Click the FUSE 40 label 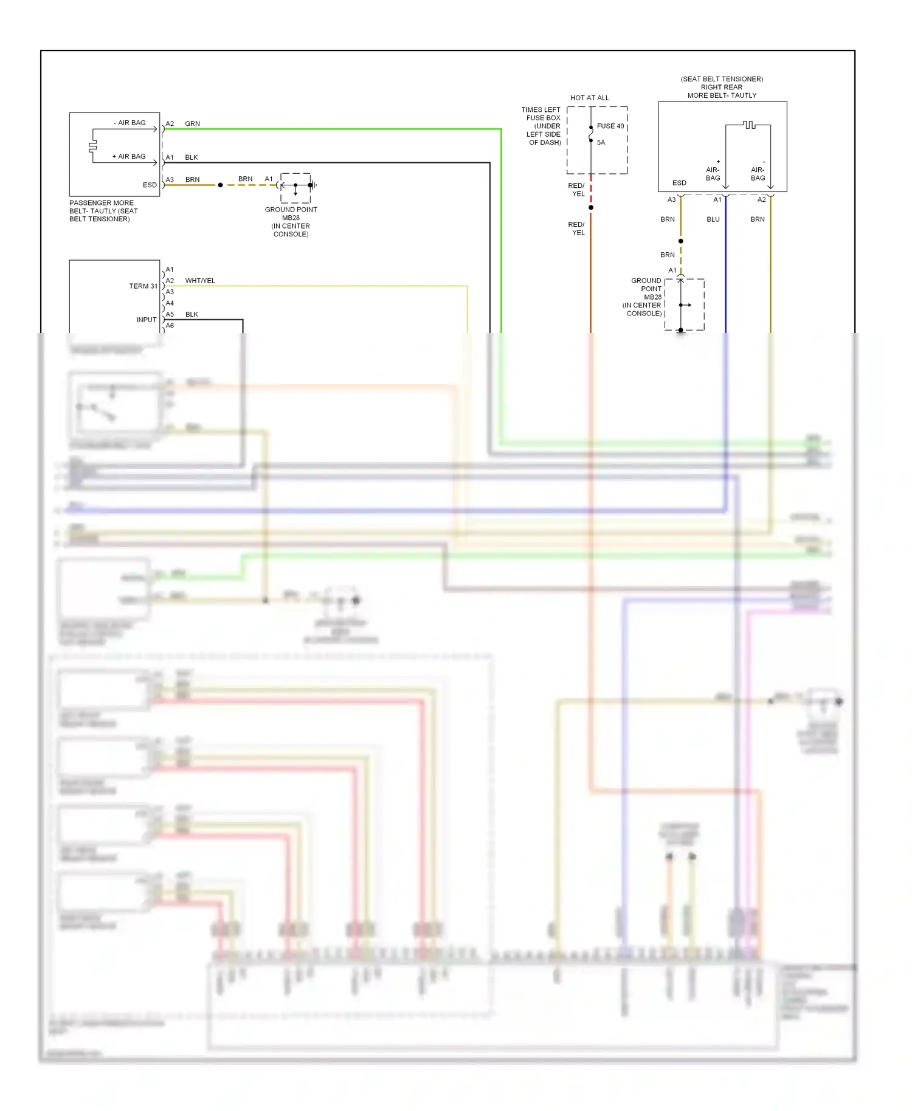(x=610, y=126)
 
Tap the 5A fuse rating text (x=601, y=143)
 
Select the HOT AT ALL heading (x=589, y=98)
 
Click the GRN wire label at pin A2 (x=192, y=124)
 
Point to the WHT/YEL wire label (x=200, y=281)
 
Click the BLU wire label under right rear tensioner (x=713, y=219)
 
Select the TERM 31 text (x=143, y=286)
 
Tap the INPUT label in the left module (x=147, y=320)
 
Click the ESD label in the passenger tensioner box (x=150, y=185)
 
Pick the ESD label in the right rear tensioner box (x=679, y=183)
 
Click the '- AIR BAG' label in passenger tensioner (x=130, y=123)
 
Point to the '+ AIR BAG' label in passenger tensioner (x=129, y=157)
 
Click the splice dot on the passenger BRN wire (x=220, y=185)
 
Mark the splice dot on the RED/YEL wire (x=590, y=208)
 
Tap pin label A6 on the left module (x=170, y=326)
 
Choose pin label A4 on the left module (x=170, y=303)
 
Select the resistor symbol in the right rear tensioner (x=750, y=125)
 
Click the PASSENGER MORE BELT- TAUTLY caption (x=103, y=211)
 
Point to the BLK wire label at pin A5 (x=192, y=315)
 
